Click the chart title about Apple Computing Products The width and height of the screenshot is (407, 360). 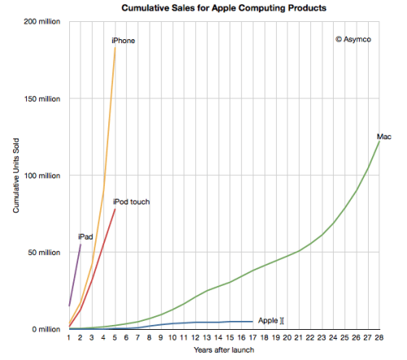point(213,7)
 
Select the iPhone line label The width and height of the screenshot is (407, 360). point(124,40)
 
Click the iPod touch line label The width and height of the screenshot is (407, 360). point(131,201)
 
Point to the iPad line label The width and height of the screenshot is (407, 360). point(85,236)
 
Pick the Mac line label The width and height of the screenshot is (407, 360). point(384,136)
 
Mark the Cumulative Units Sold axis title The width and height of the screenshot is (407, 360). point(16,175)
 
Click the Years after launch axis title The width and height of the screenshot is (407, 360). point(223,350)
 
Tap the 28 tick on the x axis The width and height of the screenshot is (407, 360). point(379,338)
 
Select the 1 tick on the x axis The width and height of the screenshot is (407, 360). point(69,338)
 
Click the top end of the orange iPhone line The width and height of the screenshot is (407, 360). point(115,47)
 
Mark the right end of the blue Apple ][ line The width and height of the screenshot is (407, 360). point(252,322)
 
